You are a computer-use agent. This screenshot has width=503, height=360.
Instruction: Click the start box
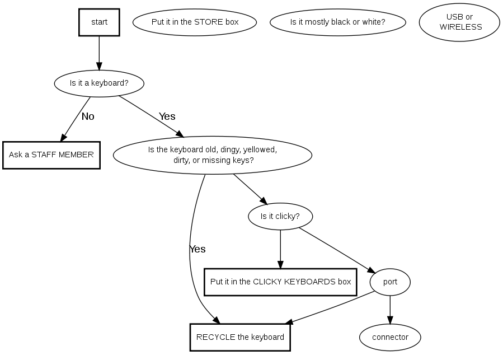click(x=99, y=22)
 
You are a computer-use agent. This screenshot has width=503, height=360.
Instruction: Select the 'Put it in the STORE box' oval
click(x=195, y=22)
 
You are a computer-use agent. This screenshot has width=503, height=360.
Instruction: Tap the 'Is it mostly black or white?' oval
click(x=337, y=22)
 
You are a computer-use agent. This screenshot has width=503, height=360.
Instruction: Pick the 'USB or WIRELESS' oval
click(x=460, y=22)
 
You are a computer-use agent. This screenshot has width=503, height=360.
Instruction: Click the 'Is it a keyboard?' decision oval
click(x=99, y=83)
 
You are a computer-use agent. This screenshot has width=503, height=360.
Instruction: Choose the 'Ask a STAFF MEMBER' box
click(x=51, y=155)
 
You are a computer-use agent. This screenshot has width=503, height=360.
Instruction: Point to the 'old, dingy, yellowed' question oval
click(x=213, y=155)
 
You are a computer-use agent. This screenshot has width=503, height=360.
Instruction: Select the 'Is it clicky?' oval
click(x=280, y=216)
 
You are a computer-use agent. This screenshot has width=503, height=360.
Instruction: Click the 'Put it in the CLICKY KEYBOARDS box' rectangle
click(x=280, y=282)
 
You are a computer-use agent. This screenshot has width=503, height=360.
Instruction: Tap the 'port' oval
click(x=390, y=282)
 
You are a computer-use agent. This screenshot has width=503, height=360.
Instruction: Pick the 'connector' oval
click(x=390, y=337)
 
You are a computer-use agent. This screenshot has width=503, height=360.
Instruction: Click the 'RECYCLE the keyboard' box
click(x=240, y=337)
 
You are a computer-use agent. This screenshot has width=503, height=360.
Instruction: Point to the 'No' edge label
click(x=88, y=117)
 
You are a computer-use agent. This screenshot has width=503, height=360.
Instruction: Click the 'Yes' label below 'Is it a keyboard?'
click(x=167, y=116)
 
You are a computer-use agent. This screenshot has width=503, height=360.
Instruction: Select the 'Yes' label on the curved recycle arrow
click(x=198, y=249)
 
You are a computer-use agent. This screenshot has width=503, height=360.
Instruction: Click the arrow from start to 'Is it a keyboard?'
click(x=99, y=53)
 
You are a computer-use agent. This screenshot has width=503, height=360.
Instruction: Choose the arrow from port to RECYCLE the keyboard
click(x=330, y=308)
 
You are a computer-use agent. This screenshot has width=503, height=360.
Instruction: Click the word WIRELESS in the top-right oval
click(x=460, y=27)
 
